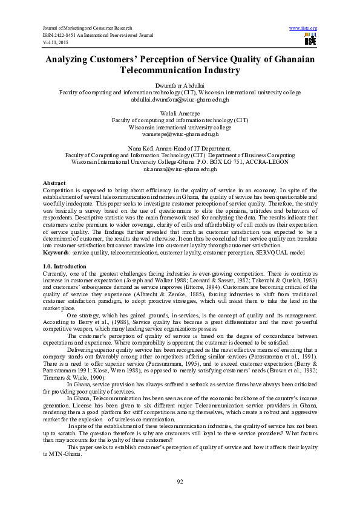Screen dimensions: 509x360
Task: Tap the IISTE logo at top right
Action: click(310, 40)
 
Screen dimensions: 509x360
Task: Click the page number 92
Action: click(180, 481)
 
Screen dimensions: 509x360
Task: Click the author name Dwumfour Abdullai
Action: click(180, 85)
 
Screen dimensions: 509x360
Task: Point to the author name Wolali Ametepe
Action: click(180, 114)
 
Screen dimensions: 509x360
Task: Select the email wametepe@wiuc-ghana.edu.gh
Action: click(180, 134)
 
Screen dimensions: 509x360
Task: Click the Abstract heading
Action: click(54, 183)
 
